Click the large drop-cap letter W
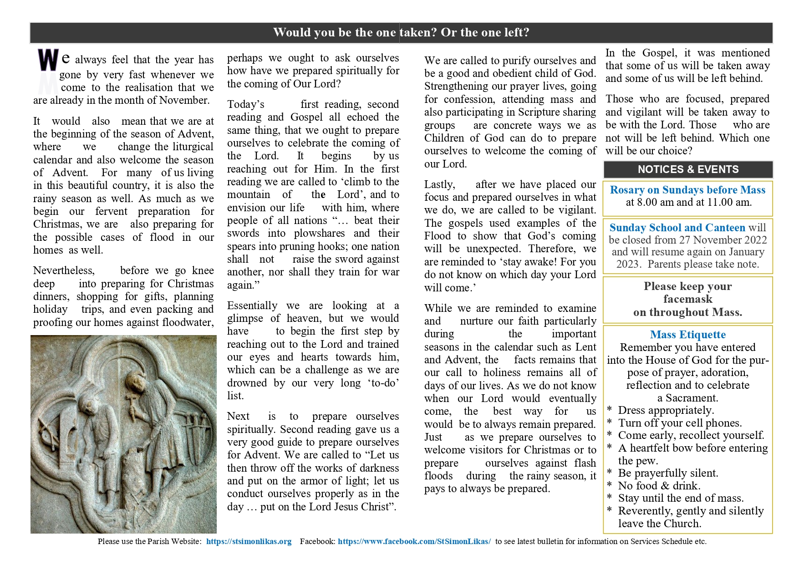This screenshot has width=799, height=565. click(x=48, y=61)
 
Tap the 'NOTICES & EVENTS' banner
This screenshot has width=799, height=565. click(x=688, y=169)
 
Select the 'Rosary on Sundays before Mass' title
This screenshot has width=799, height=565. click(x=687, y=190)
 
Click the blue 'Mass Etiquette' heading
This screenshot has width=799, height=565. click(x=687, y=335)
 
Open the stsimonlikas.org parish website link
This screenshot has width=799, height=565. click(x=249, y=541)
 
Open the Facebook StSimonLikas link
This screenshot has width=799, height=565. click(x=414, y=541)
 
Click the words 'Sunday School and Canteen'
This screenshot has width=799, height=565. click(x=677, y=228)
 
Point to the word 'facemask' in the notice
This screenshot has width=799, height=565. click(x=687, y=299)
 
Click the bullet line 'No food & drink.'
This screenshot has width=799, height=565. click(x=659, y=486)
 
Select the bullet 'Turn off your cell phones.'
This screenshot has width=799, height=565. click(x=680, y=423)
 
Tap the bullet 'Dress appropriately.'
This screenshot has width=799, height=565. click(x=666, y=410)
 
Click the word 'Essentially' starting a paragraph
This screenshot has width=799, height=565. click(x=252, y=305)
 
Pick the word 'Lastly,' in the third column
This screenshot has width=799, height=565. click(x=439, y=184)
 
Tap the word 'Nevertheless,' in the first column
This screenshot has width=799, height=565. click(x=64, y=270)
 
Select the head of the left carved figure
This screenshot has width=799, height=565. click(x=86, y=396)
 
